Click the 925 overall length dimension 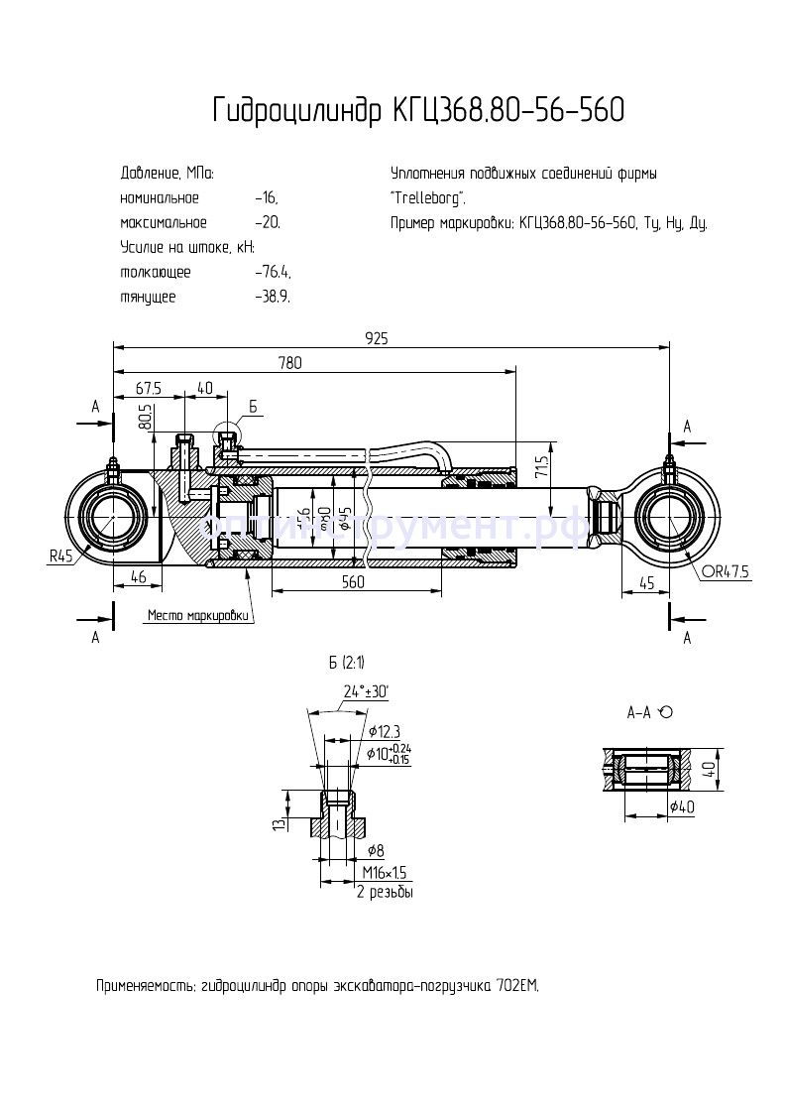(x=376, y=338)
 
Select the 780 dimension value (x=290, y=363)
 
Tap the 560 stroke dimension (x=353, y=582)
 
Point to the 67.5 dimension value (x=149, y=387)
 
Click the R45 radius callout (x=61, y=557)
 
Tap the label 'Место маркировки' (x=196, y=615)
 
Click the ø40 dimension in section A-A (x=681, y=807)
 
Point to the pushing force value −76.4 (x=272, y=272)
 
